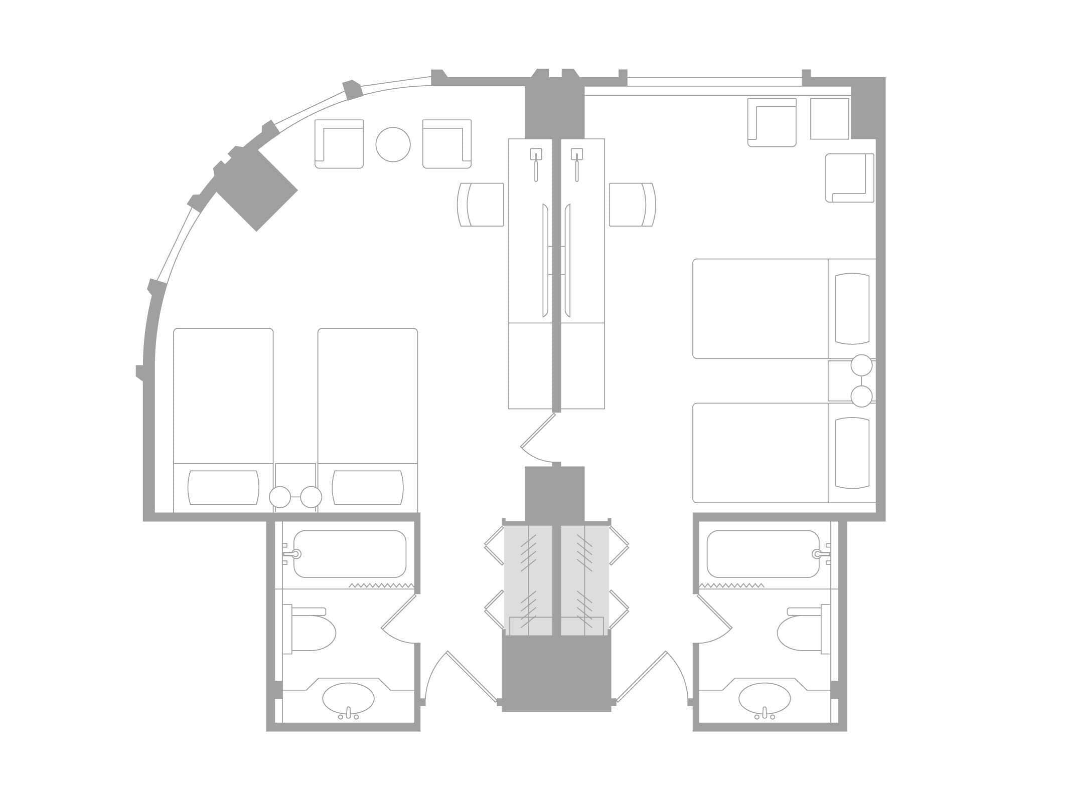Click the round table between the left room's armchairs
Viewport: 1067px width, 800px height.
pos(393,144)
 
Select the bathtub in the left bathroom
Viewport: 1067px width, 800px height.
pos(350,554)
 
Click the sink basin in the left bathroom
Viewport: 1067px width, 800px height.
pos(348,698)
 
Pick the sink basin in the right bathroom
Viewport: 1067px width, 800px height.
pos(765,698)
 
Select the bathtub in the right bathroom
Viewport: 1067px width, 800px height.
pos(763,554)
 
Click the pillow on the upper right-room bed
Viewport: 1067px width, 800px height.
pos(852,308)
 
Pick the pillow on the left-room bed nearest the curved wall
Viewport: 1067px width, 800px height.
pos(223,488)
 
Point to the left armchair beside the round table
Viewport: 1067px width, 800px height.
pos(339,144)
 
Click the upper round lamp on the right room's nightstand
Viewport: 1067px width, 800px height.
pos(861,365)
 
